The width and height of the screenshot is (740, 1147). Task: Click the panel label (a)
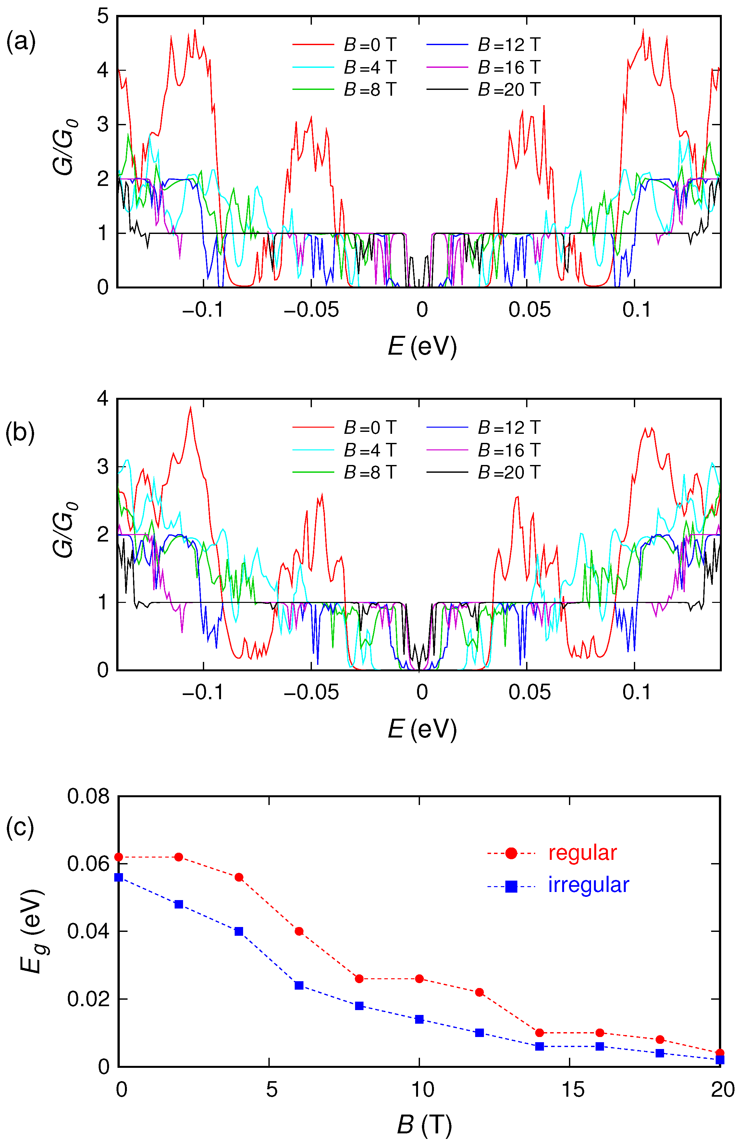[21, 42]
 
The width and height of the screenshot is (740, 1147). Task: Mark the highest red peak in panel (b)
[190, 407]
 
